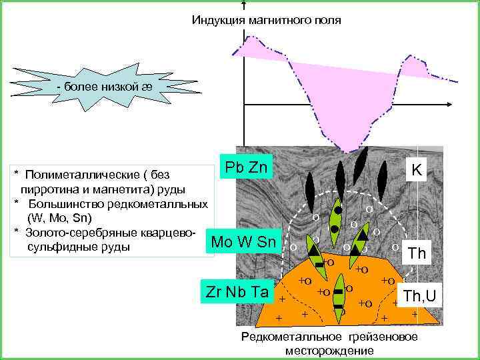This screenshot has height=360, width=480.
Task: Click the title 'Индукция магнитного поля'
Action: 266,21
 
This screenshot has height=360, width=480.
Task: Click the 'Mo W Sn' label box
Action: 243,241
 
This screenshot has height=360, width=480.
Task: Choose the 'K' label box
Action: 416,171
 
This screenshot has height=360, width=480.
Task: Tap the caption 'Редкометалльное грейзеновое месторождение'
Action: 329,343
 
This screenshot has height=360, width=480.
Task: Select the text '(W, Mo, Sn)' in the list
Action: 60,218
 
